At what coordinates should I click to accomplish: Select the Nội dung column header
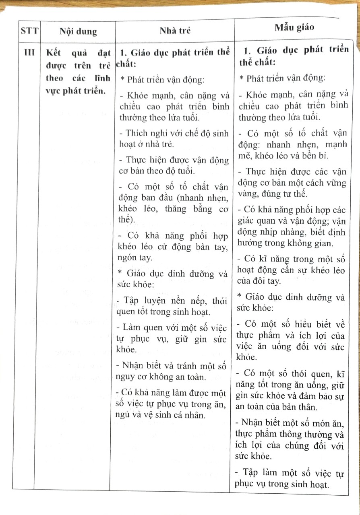78,32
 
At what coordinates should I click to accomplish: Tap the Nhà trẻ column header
175,31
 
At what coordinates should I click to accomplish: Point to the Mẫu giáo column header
294,27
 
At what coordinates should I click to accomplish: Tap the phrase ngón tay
136,258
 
